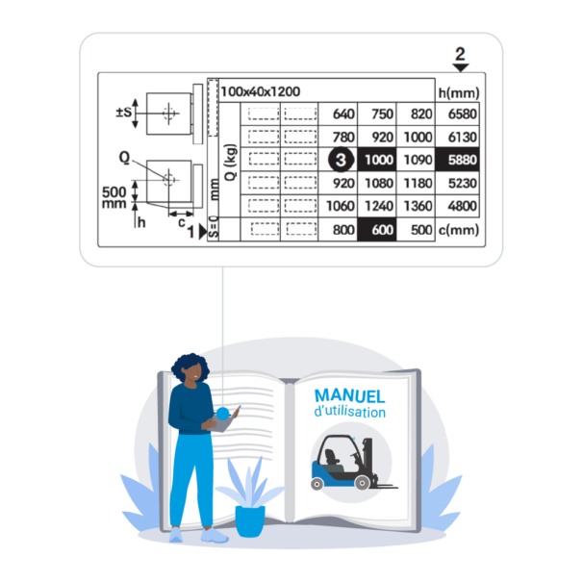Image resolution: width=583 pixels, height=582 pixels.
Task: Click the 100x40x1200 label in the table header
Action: pos(260,91)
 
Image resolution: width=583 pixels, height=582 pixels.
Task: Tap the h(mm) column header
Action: pos(457,92)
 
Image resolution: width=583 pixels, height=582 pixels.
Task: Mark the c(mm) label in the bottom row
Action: pos(457,230)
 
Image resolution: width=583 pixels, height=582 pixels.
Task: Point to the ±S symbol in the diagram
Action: pos(123,113)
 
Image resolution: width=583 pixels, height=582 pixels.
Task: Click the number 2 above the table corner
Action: pos(460,54)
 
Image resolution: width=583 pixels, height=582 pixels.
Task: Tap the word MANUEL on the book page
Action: pos(349,396)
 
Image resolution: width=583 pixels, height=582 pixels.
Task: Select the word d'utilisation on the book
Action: pos(350,413)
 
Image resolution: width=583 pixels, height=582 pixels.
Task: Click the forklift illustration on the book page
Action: pos(349,461)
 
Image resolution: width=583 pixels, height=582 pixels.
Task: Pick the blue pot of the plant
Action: pos(250,519)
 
